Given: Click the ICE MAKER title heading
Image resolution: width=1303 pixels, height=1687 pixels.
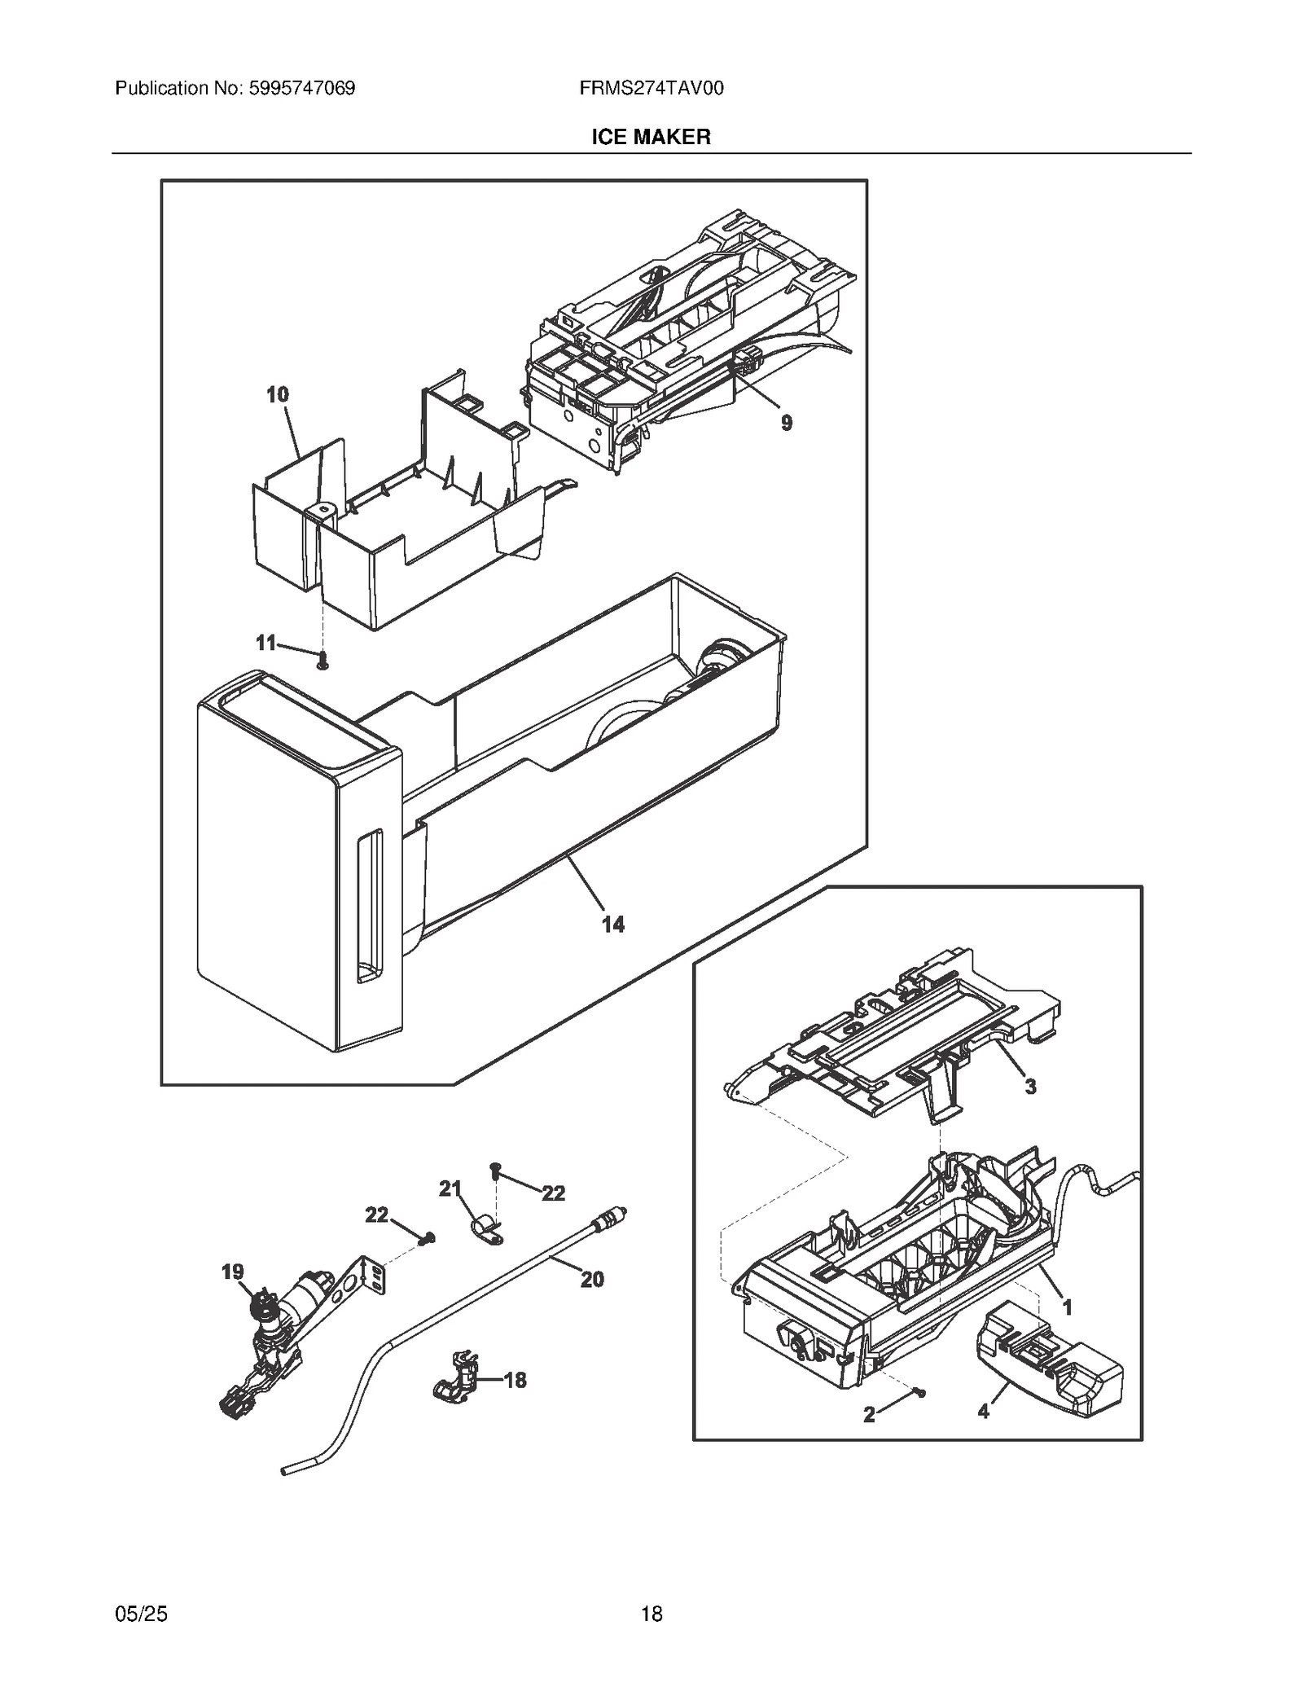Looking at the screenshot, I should [x=651, y=137].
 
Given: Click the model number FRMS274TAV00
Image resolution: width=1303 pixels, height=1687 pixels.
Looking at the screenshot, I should [x=651, y=88].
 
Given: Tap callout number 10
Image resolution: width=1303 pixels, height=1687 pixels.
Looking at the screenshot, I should [x=278, y=395].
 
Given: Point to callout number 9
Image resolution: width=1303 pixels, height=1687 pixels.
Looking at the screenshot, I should [x=786, y=423].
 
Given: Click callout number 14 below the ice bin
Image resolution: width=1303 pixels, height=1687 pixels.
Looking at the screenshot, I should [x=612, y=924].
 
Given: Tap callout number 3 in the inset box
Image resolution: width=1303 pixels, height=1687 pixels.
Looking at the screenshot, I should [x=1030, y=1086].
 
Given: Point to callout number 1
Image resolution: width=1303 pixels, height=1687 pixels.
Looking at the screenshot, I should [x=1067, y=1307].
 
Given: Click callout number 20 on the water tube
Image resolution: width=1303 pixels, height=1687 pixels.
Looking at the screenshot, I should [x=592, y=1280].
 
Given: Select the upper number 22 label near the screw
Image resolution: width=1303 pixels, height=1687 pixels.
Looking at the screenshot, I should [x=553, y=1193].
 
